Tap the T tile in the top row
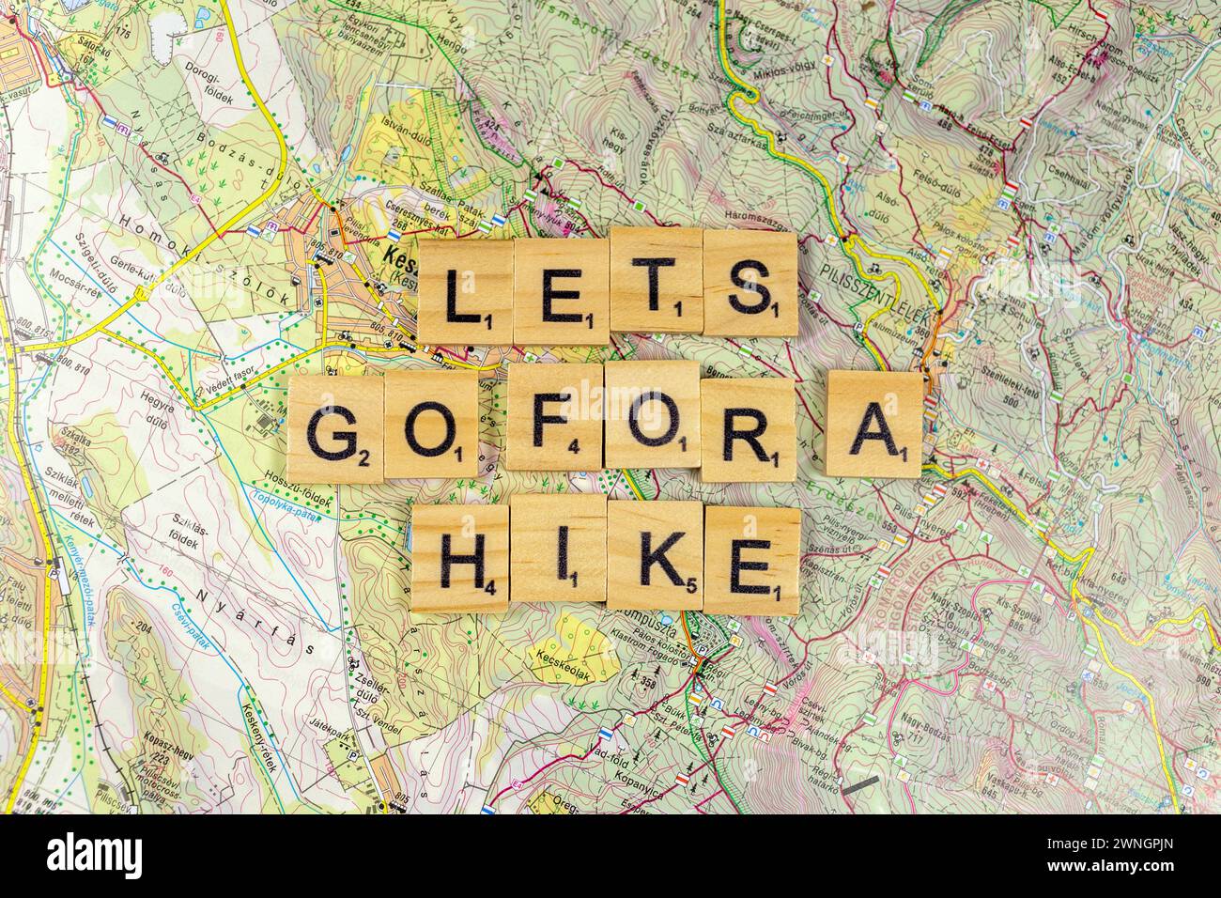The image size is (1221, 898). (657, 280)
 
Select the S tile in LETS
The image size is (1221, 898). (750, 284)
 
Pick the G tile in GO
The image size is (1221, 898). (334, 428)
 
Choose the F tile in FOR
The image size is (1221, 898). (554, 417)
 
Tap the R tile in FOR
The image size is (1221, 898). (748, 428)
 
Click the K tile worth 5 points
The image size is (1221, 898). (656, 555)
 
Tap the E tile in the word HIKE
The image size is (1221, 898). (752, 560)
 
